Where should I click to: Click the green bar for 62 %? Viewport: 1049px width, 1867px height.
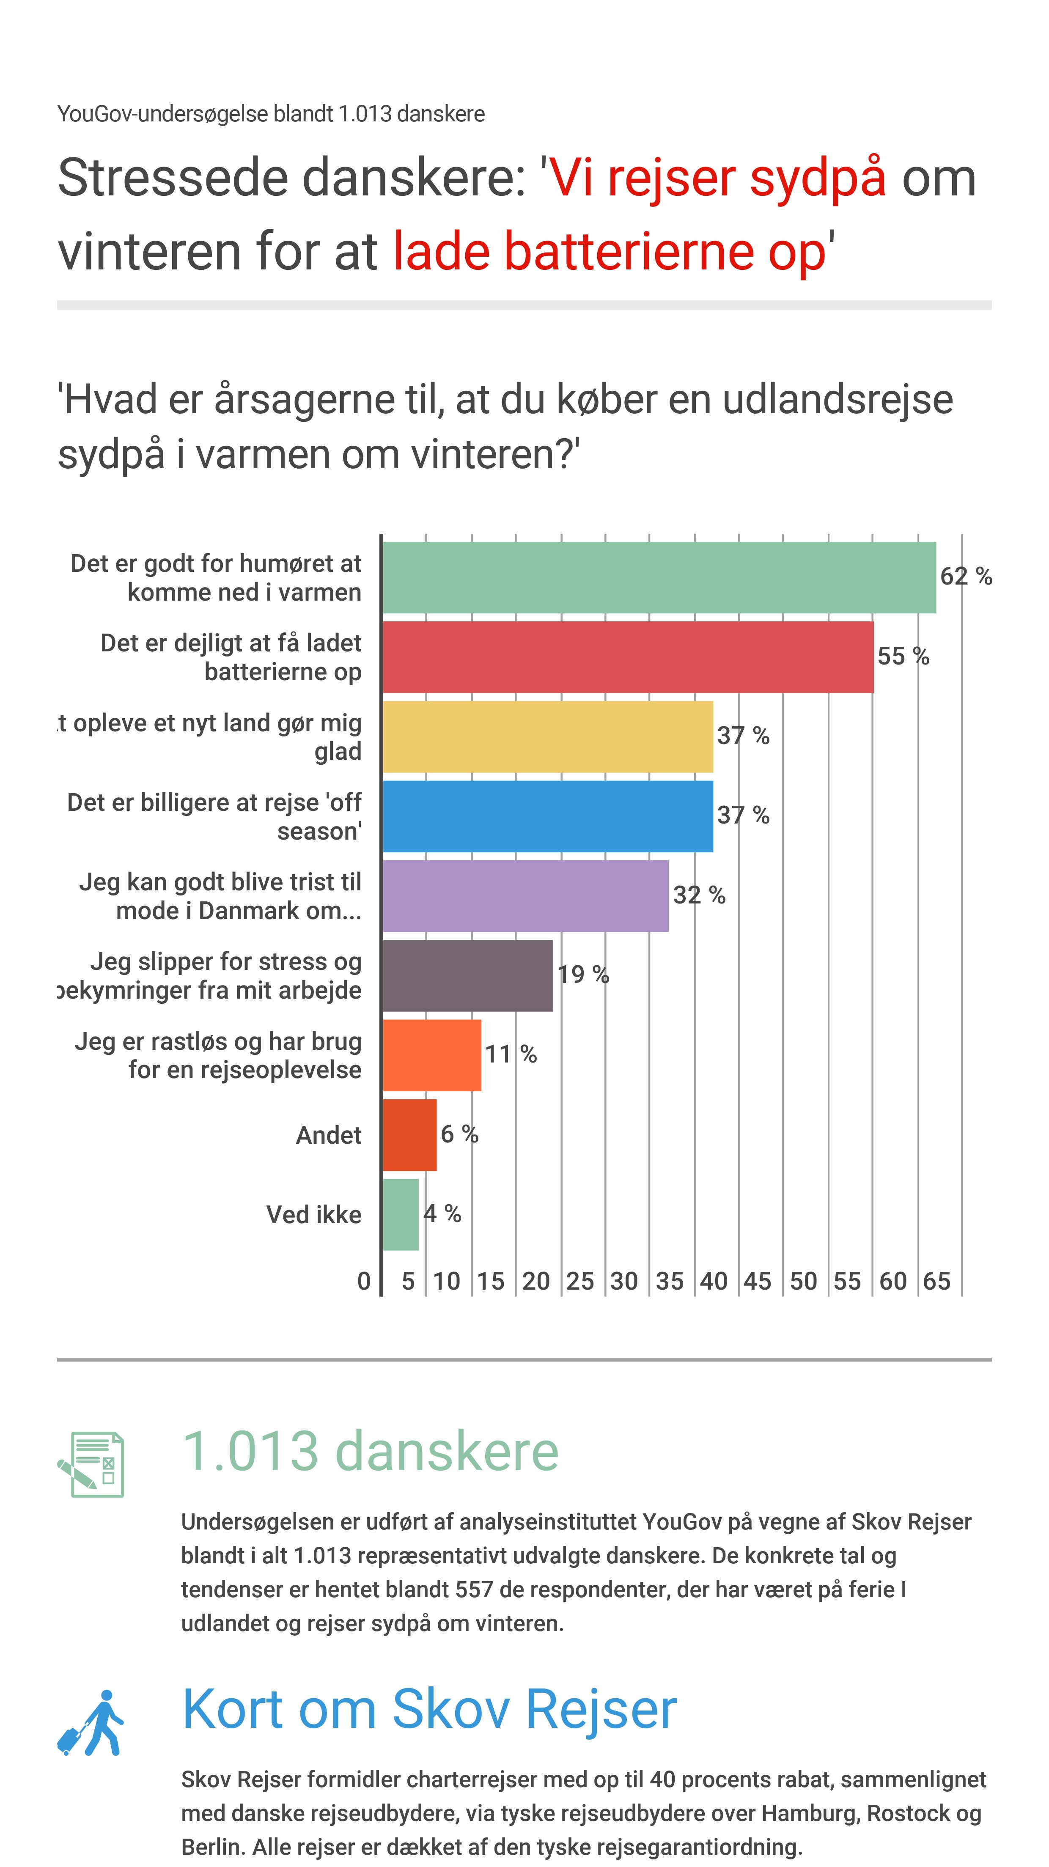click(x=659, y=578)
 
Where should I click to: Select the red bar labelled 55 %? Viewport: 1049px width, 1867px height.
click(x=628, y=656)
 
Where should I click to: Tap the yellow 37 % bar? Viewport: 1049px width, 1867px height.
click(x=547, y=736)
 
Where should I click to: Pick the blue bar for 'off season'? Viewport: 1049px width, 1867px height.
click(x=547, y=816)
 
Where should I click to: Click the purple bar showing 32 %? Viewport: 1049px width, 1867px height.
click(x=525, y=896)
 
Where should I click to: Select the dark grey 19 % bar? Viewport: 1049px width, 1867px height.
click(x=467, y=975)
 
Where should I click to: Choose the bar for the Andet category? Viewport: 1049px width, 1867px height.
click(x=409, y=1135)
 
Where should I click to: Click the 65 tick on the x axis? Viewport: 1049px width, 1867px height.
click(x=936, y=1281)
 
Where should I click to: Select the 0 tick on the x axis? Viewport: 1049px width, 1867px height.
click(x=364, y=1281)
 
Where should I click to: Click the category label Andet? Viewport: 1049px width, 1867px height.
click(x=328, y=1135)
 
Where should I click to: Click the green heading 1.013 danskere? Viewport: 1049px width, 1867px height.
click(x=370, y=1452)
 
